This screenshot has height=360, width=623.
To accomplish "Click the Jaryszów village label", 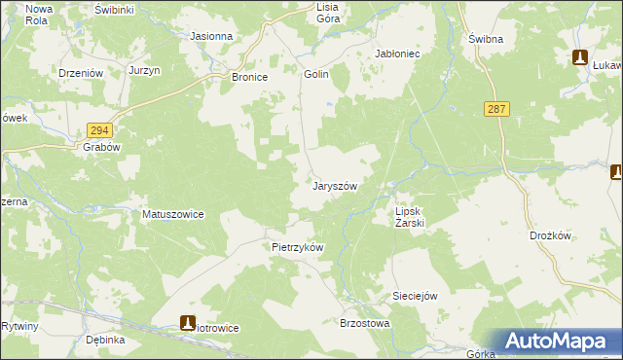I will (336, 186).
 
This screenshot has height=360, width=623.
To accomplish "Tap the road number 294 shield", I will (99, 129).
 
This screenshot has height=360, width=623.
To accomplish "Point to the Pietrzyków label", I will (297, 247).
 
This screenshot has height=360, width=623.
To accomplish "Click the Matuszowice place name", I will (173, 214).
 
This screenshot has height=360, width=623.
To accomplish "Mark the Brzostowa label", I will (364, 323).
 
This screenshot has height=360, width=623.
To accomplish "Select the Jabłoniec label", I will (397, 54).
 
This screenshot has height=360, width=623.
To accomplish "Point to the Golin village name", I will (316, 74).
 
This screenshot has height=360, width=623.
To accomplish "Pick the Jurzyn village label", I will (143, 72).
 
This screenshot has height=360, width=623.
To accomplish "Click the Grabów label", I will (100, 149).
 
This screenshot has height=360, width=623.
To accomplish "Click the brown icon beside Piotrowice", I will (188, 323).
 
